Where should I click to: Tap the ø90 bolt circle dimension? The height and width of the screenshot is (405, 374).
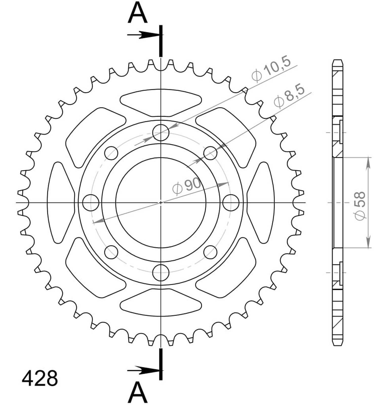pos(187,187)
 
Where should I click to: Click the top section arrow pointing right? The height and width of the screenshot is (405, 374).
pos(143,35)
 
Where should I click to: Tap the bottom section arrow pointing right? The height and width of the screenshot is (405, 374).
pos(143,371)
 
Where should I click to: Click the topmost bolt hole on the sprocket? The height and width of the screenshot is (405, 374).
pos(161,132)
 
